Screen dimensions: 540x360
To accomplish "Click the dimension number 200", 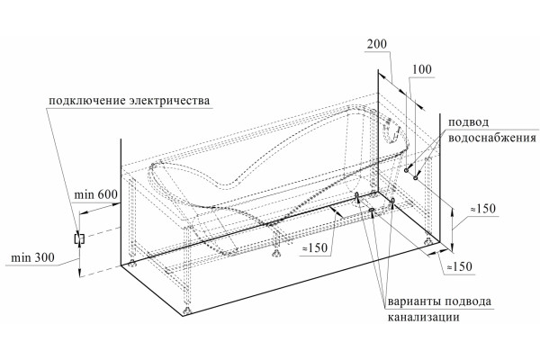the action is click(x=377, y=44).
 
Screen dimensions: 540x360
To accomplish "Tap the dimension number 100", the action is click(x=422, y=69).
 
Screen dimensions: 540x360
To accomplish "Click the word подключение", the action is click(x=87, y=101).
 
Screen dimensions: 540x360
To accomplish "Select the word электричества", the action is click(x=169, y=101).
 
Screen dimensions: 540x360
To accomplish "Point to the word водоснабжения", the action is click(x=491, y=138).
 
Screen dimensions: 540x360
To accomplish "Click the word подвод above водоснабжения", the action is click(x=468, y=122).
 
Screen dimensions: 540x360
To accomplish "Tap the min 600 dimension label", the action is click(x=95, y=194).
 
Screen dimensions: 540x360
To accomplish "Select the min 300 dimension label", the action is click(x=32, y=257).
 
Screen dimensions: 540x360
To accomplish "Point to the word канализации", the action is click(x=424, y=317).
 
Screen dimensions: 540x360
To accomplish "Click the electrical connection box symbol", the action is click(x=79, y=238).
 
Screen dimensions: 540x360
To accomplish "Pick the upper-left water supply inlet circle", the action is click(x=407, y=170).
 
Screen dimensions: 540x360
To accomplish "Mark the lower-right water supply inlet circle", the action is click(x=416, y=177).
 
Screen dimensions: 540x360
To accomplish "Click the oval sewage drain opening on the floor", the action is click(x=372, y=210).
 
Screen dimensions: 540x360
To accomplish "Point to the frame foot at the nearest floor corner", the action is click(x=186, y=311).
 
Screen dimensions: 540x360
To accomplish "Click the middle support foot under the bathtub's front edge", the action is click(x=275, y=254).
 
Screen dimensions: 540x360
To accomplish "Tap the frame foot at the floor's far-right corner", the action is click(x=428, y=240).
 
